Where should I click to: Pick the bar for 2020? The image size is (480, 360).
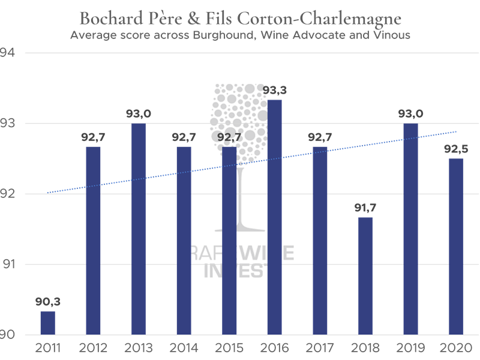point(456,247)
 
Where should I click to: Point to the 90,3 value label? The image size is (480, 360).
point(47,301)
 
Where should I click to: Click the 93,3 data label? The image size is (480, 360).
point(274,91)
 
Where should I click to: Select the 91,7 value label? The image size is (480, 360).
point(365,208)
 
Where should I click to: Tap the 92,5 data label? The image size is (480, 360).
point(456,149)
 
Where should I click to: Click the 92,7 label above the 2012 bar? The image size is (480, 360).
point(93,137)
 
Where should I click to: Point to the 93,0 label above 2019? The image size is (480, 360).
point(410,114)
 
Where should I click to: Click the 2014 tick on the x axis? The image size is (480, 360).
point(184,348)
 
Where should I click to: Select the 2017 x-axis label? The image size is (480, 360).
point(320,348)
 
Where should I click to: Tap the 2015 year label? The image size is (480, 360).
point(229,348)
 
